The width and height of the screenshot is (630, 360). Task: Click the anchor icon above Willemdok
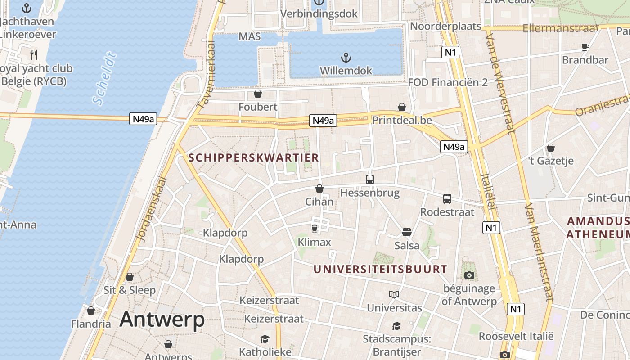tap(346, 58)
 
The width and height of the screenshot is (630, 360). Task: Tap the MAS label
tap(250, 36)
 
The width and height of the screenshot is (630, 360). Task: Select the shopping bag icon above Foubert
tap(258, 94)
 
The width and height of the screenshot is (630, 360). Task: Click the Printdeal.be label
tap(402, 120)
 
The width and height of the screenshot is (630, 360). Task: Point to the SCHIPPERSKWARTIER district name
tap(254, 157)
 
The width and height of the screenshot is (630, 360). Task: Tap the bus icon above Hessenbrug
tap(370, 179)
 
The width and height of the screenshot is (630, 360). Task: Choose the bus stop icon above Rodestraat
tap(447, 198)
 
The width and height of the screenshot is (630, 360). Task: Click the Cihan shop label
tap(319, 201)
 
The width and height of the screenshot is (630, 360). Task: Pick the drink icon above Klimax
tap(315, 229)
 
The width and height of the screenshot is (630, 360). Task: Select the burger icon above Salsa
tap(407, 232)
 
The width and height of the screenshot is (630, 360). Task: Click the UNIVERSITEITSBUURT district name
tap(380, 269)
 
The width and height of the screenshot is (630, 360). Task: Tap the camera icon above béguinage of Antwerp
tap(469, 275)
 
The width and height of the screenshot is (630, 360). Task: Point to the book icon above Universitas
tap(394, 294)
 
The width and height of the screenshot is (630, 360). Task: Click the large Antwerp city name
tap(162, 319)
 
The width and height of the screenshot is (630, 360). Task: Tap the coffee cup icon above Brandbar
tap(585, 47)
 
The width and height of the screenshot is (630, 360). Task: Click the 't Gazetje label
tap(551, 160)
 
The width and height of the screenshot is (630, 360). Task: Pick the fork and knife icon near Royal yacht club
tap(34, 55)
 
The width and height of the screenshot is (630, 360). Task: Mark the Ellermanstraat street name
tap(561, 28)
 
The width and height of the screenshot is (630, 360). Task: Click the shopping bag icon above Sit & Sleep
tap(130, 277)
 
